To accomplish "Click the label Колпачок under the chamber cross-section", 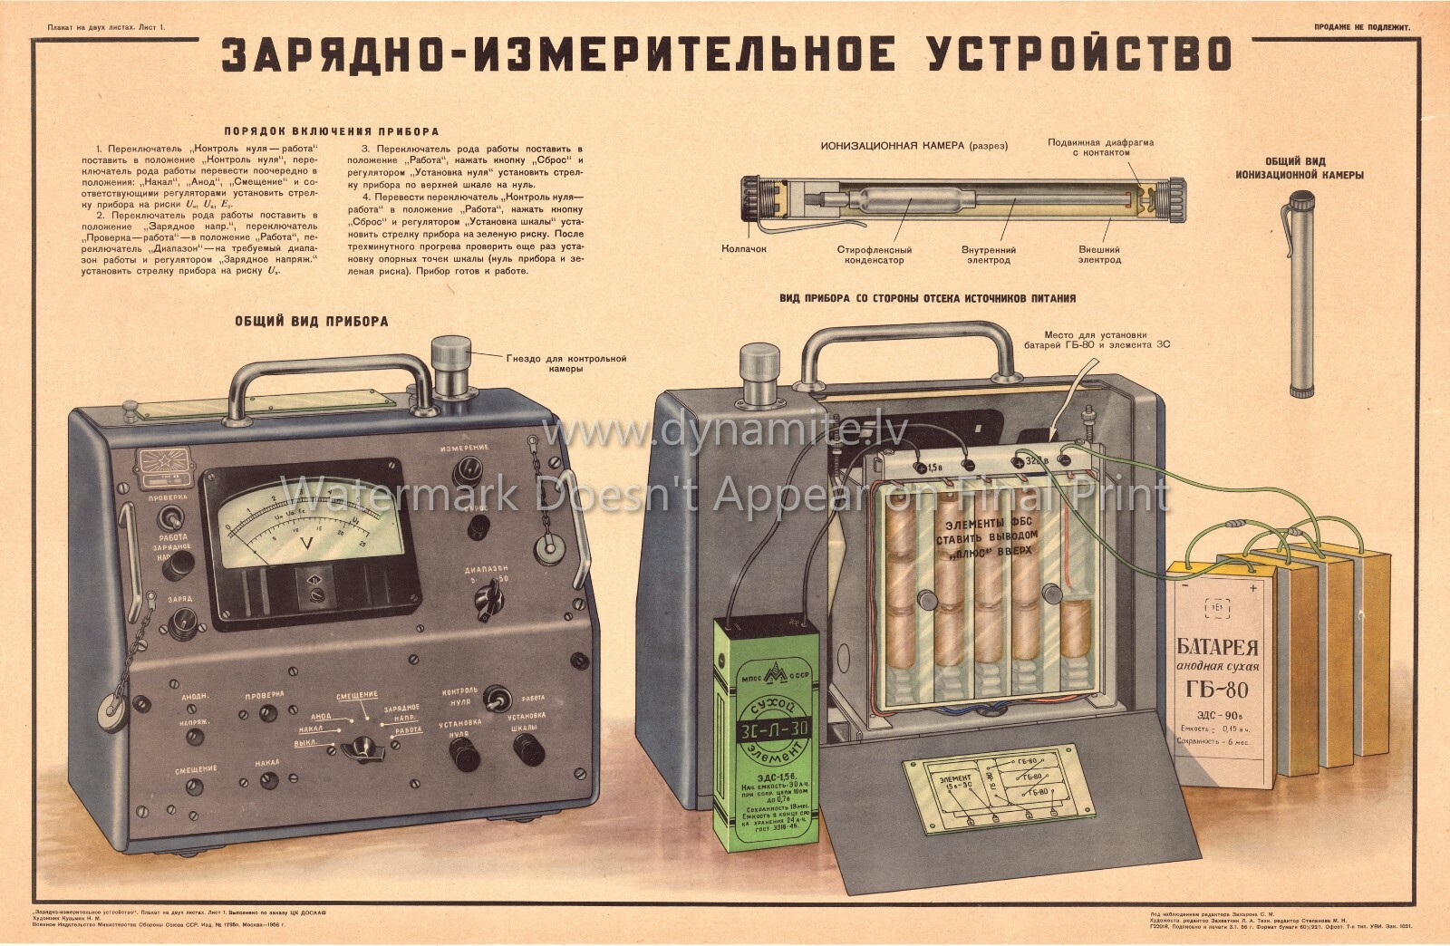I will tap(745, 248).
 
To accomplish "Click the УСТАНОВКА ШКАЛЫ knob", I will tap(527, 749).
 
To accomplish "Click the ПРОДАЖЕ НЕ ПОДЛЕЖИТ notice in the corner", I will tap(1367, 28).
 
